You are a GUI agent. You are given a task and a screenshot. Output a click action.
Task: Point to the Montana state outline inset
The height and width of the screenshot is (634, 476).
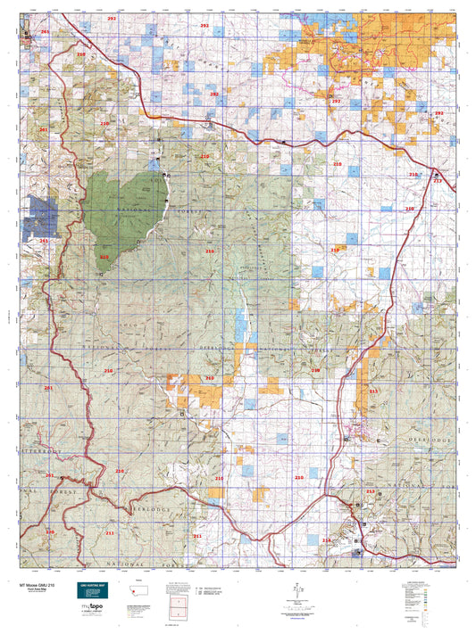(174, 580)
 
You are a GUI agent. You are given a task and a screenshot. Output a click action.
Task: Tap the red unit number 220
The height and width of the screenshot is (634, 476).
(50, 531)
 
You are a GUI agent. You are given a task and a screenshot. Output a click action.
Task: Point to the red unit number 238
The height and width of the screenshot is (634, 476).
(314, 370)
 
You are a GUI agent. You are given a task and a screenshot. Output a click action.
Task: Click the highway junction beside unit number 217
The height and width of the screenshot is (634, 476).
(435, 174)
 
